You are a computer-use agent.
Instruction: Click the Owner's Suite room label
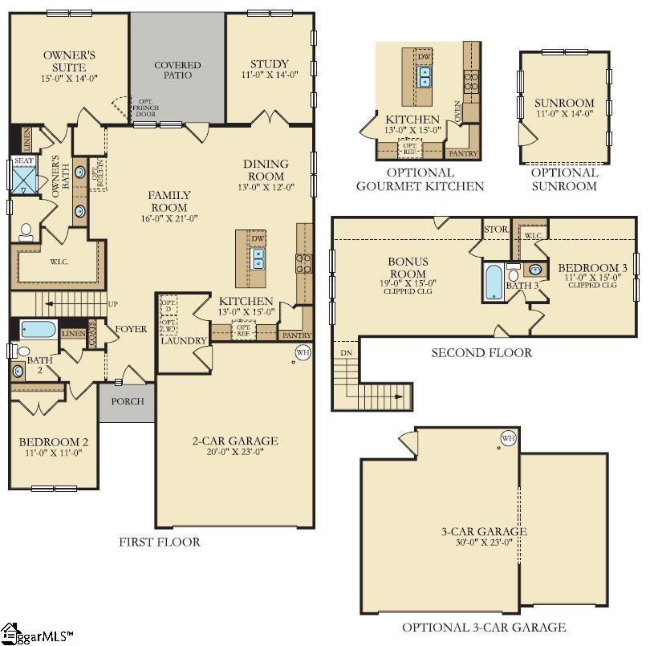pyautogui.click(x=69, y=61)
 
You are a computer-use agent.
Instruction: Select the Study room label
pyautogui.click(x=270, y=64)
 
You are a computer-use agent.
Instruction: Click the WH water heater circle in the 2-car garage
pyautogui.click(x=303, y=351)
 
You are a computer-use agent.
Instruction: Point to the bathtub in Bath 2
pyautogui.click(x=39, y=329)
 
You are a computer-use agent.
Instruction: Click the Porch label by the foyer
pyautogui.click(x=127, y=401)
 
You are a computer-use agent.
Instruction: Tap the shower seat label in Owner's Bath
pyautogui.click(x=24, y=160)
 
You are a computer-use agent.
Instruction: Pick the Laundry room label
pyautogui.click(x=184, y=340)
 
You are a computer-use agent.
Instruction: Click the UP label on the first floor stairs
pyautogui.click(x=112, y=304)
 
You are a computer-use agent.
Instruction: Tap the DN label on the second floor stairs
pyautogui.click(x=346, y=352)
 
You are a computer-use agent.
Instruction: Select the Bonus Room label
pyautogui.click(x=408, y=267)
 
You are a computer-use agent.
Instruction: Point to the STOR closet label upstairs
pyautogui.click(x=496, y=230)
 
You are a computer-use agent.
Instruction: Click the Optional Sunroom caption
pyautogui.click(x=564, y=179)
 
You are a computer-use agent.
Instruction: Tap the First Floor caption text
pyautogui.click(x=160, y=542)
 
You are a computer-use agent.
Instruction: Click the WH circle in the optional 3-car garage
pyautogui.click(x=508, y=438)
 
